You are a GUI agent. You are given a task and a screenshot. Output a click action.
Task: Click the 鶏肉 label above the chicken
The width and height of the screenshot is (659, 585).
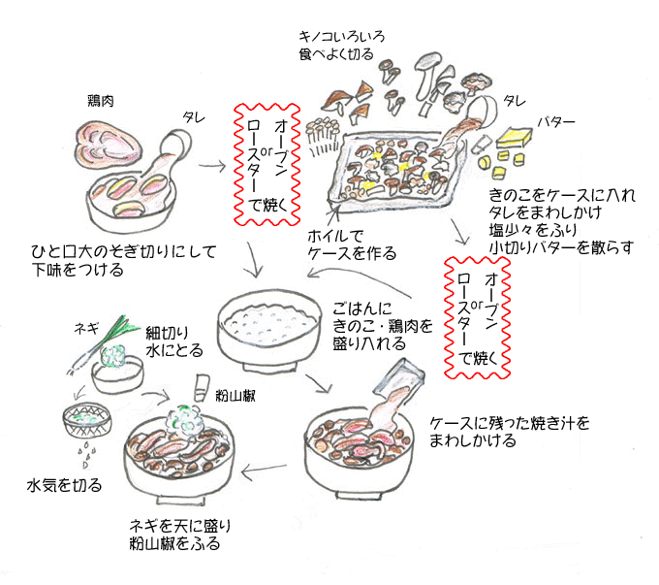point(102,101)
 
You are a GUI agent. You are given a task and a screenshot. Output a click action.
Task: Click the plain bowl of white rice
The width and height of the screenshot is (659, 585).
point(265,325)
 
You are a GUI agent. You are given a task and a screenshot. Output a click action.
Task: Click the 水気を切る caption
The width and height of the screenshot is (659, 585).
point(64,484)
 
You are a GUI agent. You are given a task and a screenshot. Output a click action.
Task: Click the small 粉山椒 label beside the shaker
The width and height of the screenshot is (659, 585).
point(234,396)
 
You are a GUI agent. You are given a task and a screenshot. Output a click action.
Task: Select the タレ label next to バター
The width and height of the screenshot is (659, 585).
point(515,100)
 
